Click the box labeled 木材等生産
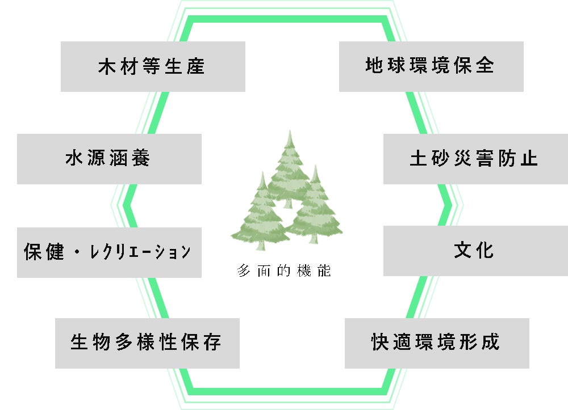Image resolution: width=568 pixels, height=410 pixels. pos(153,67)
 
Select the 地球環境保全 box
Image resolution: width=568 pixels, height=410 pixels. pos(431,66)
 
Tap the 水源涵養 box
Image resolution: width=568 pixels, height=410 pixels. pos(109,159)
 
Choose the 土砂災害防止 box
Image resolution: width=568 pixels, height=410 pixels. pos(475,159)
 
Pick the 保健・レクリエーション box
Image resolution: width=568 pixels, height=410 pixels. pos(109,252)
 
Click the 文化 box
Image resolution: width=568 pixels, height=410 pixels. pos(475,251)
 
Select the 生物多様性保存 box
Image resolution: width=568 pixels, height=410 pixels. pos(147,343)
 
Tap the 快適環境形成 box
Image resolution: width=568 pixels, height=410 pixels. pos(437,343)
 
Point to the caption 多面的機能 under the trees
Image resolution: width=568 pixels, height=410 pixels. pos(284,271)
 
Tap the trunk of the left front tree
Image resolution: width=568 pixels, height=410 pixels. pos(261,245)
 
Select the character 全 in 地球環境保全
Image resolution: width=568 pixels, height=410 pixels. pos(485,66)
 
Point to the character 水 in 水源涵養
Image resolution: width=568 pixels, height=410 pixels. pos(75,159)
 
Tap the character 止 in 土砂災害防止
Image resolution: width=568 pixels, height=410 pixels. pos(529,159)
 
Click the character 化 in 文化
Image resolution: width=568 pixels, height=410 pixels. pos(485,251)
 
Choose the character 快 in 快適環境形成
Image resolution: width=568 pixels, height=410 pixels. pos(380,343)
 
